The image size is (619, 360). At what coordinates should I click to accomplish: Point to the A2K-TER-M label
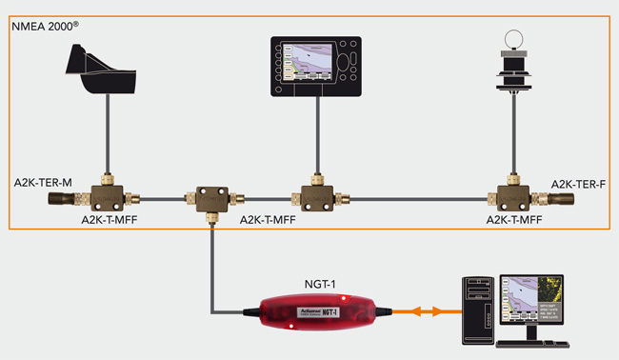(x=40, y=181)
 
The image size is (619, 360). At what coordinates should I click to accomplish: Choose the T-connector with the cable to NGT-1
(x=211, y=198)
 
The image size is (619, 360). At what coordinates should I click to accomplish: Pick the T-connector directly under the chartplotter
(x=317, y=196)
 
